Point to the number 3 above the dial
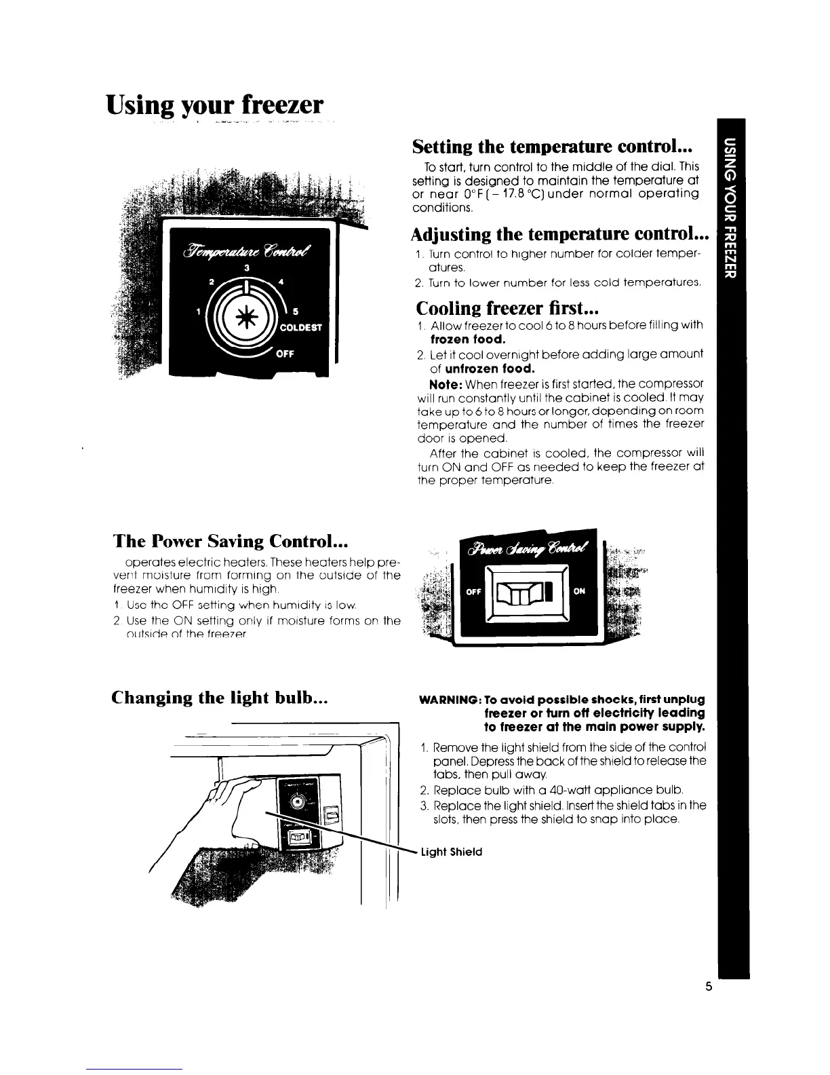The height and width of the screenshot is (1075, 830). pos(248,268)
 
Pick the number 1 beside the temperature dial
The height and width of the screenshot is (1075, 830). pos(198,312)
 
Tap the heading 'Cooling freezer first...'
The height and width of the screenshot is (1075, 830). pos(504,308)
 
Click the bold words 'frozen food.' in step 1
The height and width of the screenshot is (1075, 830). pos(468,339)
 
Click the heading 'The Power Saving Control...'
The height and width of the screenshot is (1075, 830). pos(231,541)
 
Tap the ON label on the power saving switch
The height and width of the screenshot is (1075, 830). pos(579,591)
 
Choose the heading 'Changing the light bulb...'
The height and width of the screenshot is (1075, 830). pos(220,698)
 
